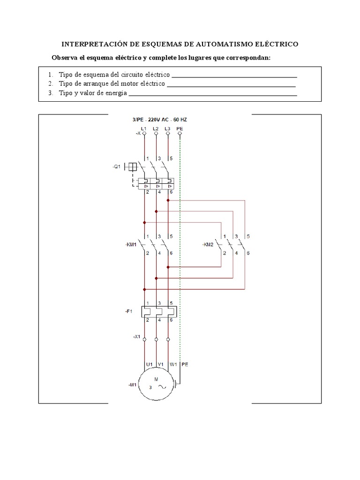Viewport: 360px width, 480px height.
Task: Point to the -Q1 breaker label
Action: [117, 166]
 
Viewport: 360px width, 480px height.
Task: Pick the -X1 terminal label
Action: [136, 337]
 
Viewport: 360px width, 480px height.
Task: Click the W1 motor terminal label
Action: [173, 363]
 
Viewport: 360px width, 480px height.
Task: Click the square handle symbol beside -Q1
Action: [133, 166]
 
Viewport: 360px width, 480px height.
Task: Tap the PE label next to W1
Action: [185, 363]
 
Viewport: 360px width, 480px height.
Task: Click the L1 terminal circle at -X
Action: [144, 134]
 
